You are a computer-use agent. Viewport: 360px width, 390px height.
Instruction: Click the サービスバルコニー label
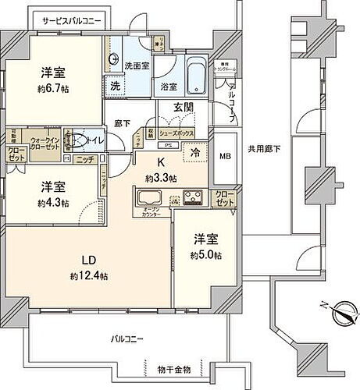coord(71,19)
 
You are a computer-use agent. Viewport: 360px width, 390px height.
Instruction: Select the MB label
coord(224,154)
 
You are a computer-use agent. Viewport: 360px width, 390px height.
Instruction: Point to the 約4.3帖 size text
coord(55,202)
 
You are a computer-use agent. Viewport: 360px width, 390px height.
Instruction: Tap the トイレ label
coord(92,142)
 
